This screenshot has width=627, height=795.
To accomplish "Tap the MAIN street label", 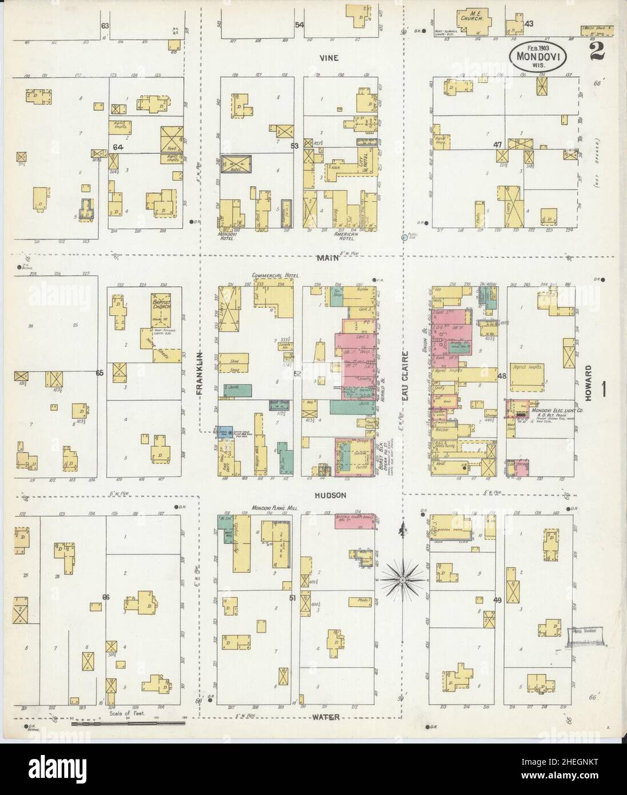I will pyautogui.click(x=329, y=257).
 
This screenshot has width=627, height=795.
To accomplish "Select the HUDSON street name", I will pyautogui.click(x=330, y=496).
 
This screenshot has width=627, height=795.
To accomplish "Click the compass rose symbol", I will pyautogui.click(x=403, y=581).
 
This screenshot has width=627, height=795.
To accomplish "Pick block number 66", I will pyautogui.click(x=105, y=597).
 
